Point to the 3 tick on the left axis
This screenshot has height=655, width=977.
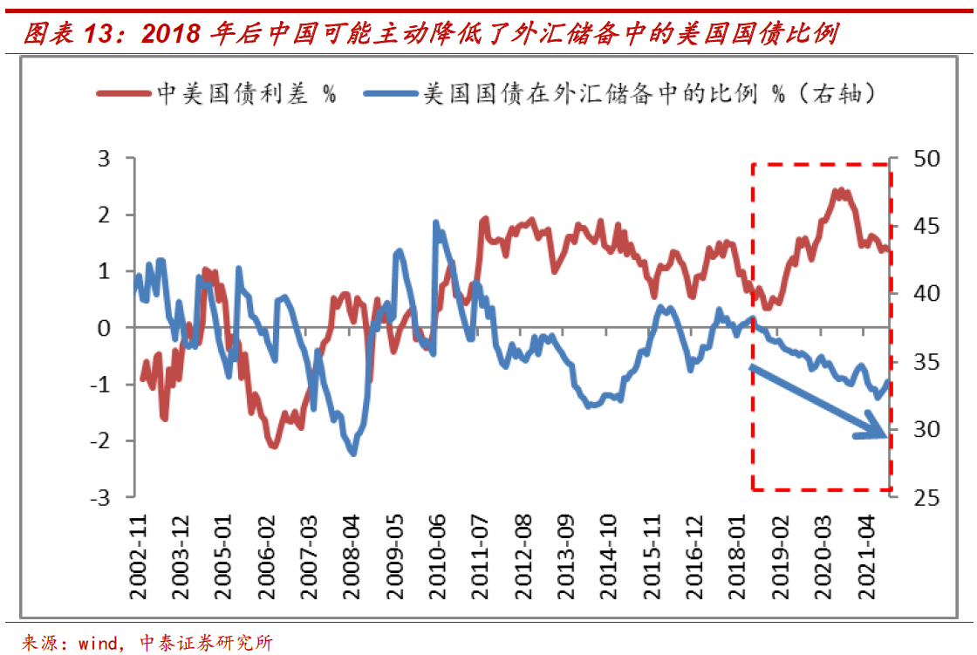[105, 159]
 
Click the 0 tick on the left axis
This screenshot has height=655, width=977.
[105, 328]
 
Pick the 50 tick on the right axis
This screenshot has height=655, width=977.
[922, 159]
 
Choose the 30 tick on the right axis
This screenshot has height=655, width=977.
[922, 430]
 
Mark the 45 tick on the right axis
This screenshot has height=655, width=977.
[922, 227]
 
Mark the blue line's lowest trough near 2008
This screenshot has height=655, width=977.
[353, 454]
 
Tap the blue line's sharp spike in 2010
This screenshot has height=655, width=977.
[435, 222]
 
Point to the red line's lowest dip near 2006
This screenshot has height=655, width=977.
[274, 446]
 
